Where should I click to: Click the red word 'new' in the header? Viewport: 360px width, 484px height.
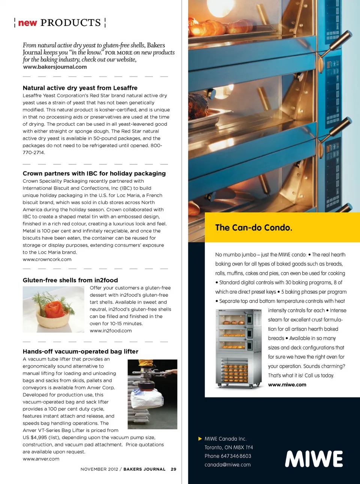point(27,23)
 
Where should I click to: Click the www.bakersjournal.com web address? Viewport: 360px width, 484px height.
point(55,67)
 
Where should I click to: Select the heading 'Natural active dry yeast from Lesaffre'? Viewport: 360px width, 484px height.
point(80,88)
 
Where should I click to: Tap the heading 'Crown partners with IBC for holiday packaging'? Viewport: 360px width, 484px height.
point(94,173)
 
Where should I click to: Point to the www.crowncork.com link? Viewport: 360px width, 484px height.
point(47,259)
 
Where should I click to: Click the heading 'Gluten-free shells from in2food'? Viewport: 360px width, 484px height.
point(70,280)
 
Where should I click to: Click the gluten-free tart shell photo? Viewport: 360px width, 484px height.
point(53,309)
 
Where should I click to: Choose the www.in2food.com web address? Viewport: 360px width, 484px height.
point(111,331)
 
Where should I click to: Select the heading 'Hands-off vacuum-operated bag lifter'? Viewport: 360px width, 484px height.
point(80,352)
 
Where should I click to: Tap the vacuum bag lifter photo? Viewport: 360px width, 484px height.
point(152,394)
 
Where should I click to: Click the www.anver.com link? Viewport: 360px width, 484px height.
point(41,459)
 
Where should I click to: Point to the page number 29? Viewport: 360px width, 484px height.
point(173,469)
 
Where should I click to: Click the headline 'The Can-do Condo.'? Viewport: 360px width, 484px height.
point(253,228)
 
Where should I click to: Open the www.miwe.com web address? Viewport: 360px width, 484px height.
point(287,385)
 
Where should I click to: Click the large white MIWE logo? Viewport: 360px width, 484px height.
point(314,459)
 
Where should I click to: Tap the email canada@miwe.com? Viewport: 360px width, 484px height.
point(228,464)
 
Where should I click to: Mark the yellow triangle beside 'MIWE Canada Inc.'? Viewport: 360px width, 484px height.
point(200,439)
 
